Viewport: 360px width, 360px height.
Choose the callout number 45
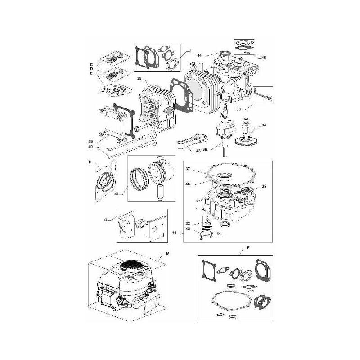(263, 57)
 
